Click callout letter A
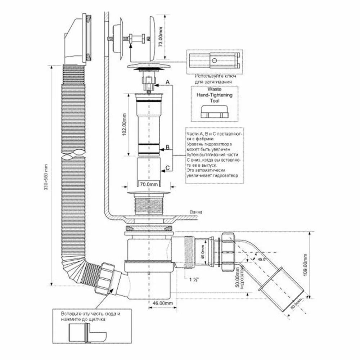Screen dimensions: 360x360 tap(167, 82)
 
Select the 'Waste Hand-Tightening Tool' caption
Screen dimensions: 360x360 tap(214, 96)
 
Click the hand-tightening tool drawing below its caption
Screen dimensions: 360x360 tap(214, 112)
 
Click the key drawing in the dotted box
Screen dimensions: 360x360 tap(214, 61)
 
